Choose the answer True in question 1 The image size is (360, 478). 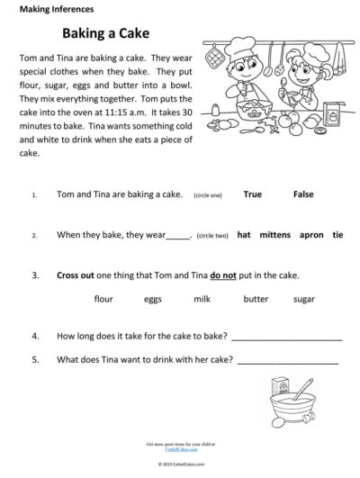[253, 194]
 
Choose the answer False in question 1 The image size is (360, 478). [303, 194]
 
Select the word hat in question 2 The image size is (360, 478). [244, 235]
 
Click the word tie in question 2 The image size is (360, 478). [337, 235]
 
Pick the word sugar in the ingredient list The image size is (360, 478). [279, 298]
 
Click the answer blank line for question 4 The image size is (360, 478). [287, 338]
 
